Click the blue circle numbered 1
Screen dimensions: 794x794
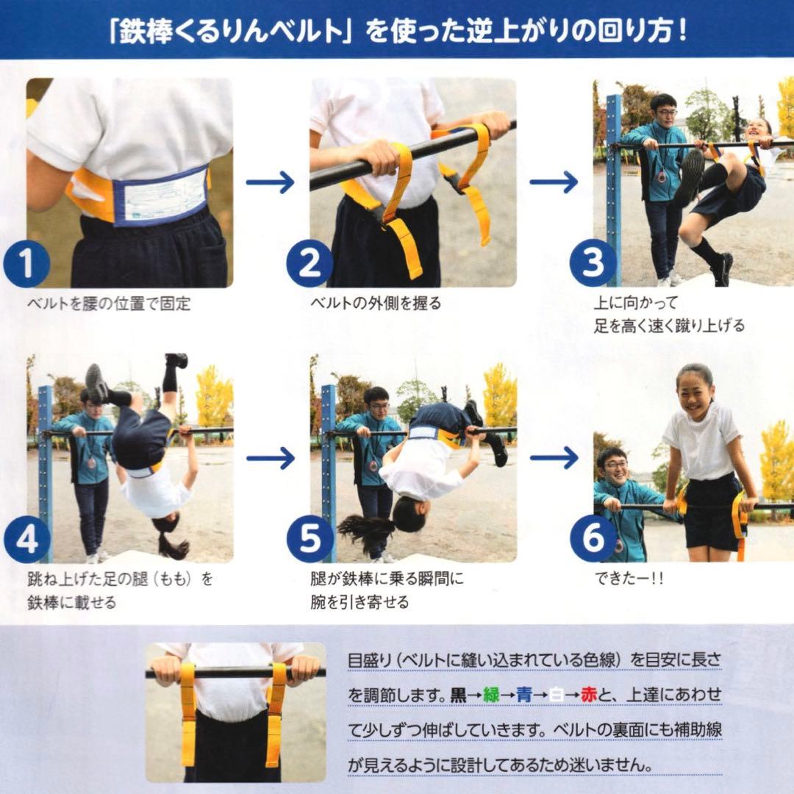26,264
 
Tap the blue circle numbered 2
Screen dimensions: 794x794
310,264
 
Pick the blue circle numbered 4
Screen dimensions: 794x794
26,540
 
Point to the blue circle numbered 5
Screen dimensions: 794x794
310,540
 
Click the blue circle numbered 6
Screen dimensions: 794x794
593,540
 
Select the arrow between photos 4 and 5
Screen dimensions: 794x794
270,458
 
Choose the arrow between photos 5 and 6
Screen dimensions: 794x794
554,458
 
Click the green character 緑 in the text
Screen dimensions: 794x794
491,695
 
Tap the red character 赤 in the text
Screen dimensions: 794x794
589,695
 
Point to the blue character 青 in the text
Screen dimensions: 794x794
523,695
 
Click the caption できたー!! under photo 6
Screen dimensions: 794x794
629,579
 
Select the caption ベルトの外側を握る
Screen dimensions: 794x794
376,303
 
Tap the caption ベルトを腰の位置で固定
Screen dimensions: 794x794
109,304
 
